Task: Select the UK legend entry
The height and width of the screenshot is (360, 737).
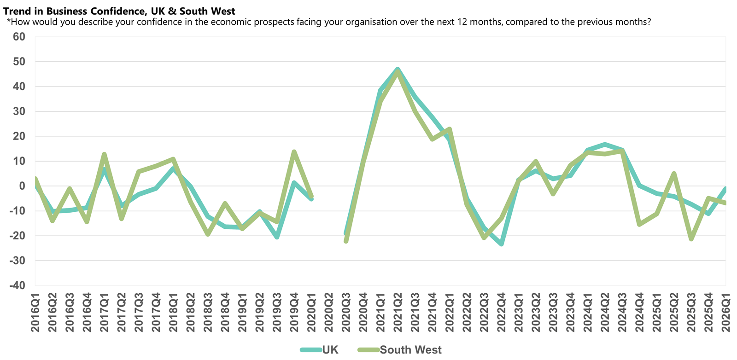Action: [x=330, y=350]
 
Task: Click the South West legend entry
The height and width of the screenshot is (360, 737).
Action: [x=410, y=350]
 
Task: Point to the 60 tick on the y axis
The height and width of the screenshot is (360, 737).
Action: [x=19, y=37]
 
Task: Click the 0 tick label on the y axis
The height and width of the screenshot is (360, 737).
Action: [x=22, y=186]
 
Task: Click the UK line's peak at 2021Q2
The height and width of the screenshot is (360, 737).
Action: [x=398, y=69]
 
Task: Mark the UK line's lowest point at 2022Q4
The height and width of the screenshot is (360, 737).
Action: [x=501, y=244]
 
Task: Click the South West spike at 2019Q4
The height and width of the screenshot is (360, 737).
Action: [x=294, y=151]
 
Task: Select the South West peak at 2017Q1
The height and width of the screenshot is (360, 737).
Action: [x=104, y=154]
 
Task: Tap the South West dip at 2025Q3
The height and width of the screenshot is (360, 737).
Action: [x=691, y=239]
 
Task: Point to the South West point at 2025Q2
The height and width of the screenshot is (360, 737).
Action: [x=674, y=174]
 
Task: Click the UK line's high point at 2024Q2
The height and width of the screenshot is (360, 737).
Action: [x=605, y=144]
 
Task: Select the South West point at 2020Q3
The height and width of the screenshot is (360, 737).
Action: [x=346, y=241]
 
